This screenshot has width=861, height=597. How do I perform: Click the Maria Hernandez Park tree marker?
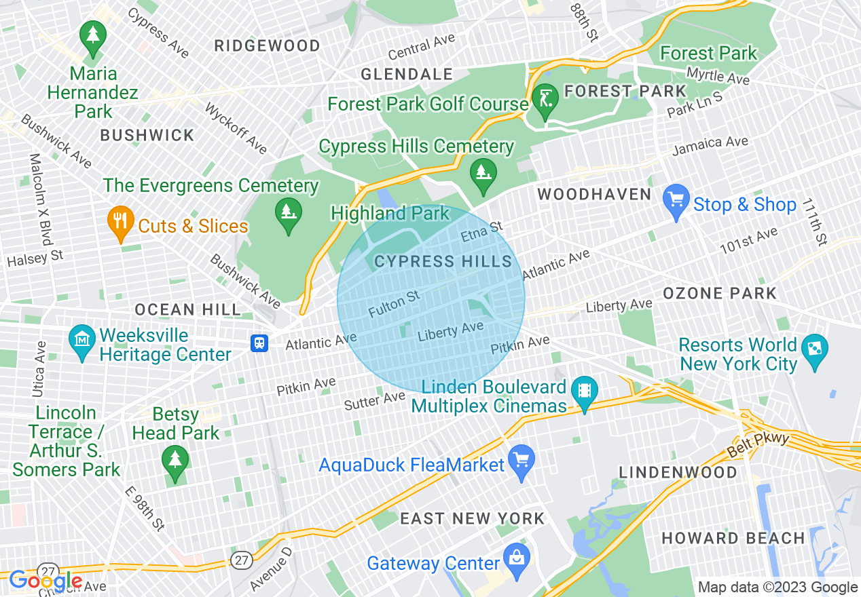92,37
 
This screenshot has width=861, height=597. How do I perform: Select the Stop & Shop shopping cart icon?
676,201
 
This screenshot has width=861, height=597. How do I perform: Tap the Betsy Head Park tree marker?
175,462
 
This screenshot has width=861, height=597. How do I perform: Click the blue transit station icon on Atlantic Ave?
259,343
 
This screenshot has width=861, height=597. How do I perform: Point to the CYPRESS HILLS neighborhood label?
443,262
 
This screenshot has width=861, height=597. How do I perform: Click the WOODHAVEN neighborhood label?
594,195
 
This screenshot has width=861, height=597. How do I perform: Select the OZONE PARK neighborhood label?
719,293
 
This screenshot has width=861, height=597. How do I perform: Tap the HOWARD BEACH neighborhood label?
733,538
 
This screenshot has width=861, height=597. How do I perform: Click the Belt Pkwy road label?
758,445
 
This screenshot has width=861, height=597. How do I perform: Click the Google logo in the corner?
45,580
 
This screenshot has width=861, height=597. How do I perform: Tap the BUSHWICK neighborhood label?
147,135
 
